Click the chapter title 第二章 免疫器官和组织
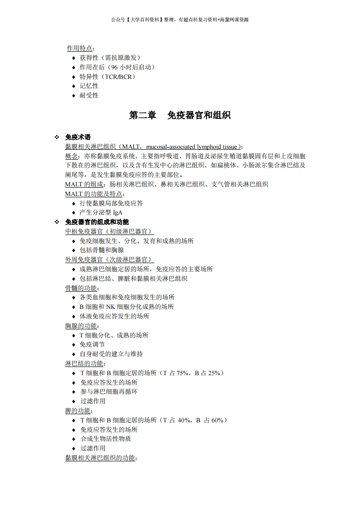[180, 115]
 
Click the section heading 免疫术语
[78, 137]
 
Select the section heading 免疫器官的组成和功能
[97, 222]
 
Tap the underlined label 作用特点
[80, 48]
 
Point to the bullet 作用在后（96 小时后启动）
[118, 67]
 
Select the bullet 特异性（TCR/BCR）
[108, 77]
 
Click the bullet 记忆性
[89, 86]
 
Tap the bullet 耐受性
[89, 95]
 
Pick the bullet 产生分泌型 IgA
[101, 212]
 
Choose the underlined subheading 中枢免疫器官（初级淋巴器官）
[109, 231]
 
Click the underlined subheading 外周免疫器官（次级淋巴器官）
[109, 259]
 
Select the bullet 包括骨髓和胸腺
[102, 250]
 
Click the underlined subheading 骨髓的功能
[82, 288]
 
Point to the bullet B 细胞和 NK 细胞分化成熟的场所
[127, 307]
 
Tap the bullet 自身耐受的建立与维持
[111, 354]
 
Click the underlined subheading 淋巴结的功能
[85, 363]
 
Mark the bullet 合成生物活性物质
[106, 439]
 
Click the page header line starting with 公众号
[180, 20]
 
